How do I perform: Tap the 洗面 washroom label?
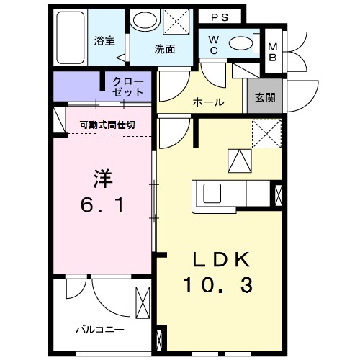click(x=165, y=50)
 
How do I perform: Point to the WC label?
click(x=215, y=45)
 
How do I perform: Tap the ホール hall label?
click(x=207, y=102)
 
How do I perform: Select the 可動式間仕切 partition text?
click(x=107, y=124)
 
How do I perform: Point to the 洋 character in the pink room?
click(x=102, y=177)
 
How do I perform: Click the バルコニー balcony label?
click(x=100, y=329)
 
